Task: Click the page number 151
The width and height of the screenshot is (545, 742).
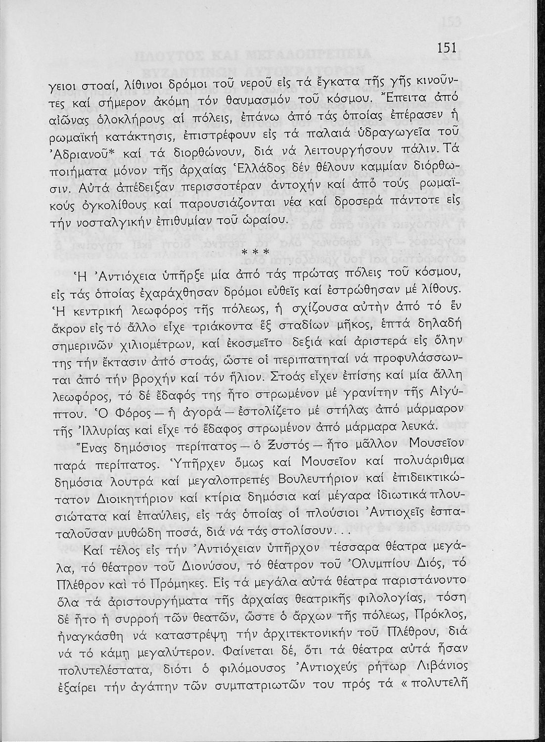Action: [x=447, y=48]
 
